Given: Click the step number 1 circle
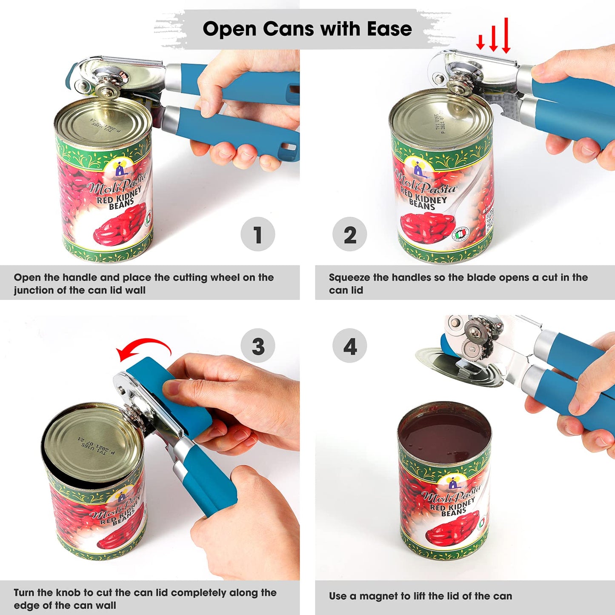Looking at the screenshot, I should click(x=257, y=234).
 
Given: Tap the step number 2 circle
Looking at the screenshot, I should click(x=349, y=234).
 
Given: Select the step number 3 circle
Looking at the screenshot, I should click(x=257, y=346).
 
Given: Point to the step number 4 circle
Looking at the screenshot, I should click(x=349, y=346).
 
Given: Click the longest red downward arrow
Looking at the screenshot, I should click(x=506, y=36).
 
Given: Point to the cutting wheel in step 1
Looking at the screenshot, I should click(x=104, y=91).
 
